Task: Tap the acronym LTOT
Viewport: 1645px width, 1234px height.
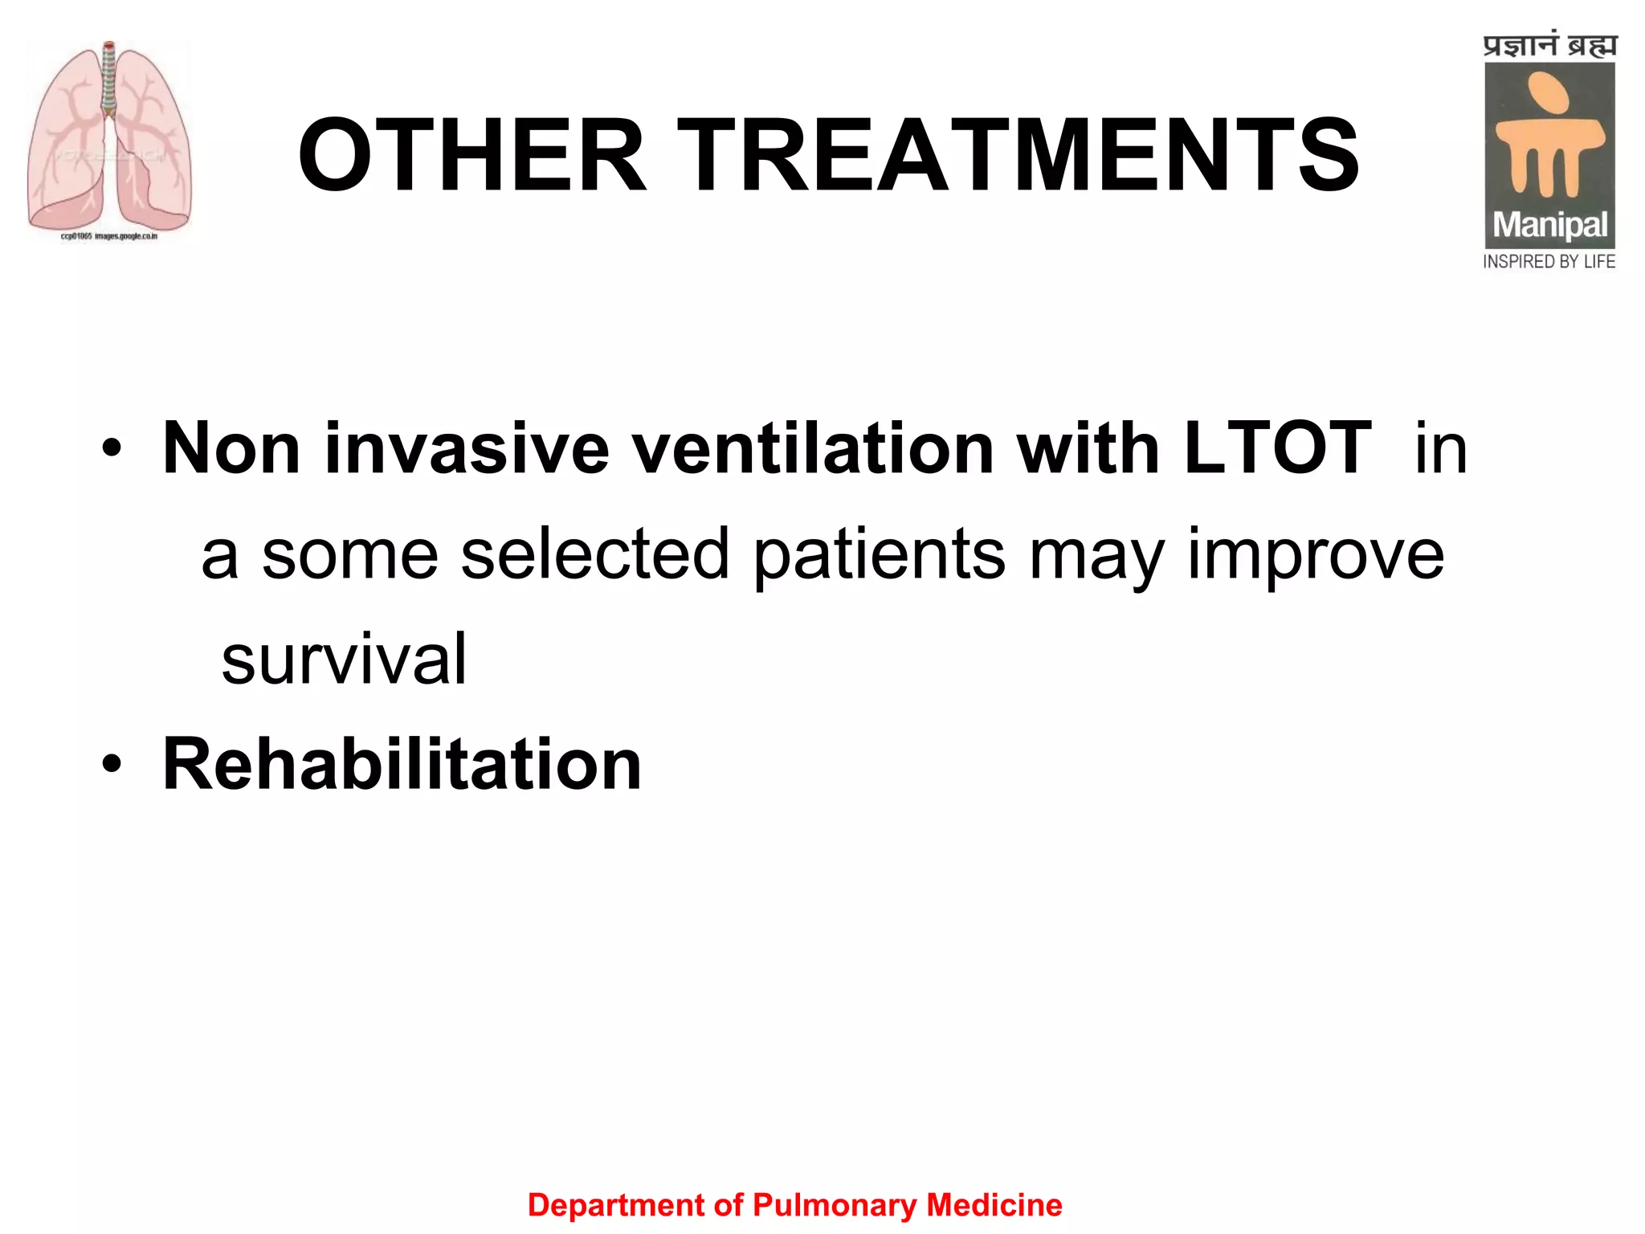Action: (1277, 448)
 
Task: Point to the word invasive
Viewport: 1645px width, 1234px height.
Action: (466, 448)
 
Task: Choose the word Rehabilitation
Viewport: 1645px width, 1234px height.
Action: (402, 765)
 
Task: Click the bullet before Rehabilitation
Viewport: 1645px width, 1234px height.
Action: (112, 765)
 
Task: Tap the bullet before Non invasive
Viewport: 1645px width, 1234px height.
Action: (112, 448)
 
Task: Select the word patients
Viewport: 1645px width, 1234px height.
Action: (880, 554)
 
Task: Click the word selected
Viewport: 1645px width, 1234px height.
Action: (594, 554)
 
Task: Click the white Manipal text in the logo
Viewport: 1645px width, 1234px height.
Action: (1549, 225)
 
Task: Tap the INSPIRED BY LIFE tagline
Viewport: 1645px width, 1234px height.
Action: (1549, 262)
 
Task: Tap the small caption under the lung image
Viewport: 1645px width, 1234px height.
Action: (109, 236)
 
